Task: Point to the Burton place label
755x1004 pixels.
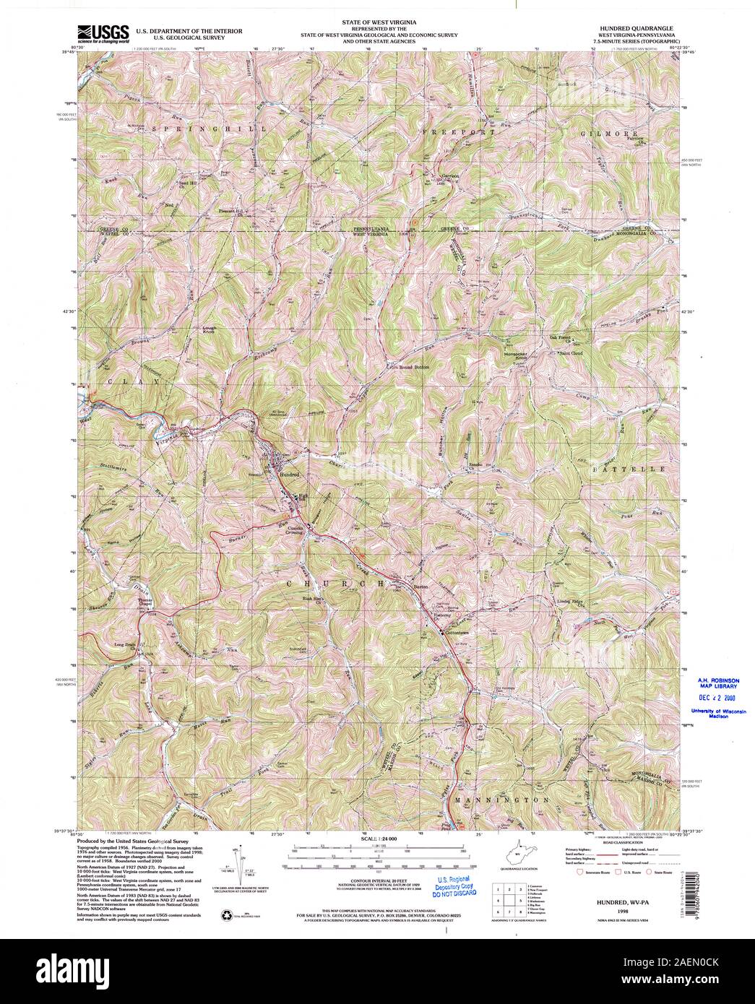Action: [x=421, y=587]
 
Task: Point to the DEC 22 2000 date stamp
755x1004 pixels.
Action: [x=717, y=698]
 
